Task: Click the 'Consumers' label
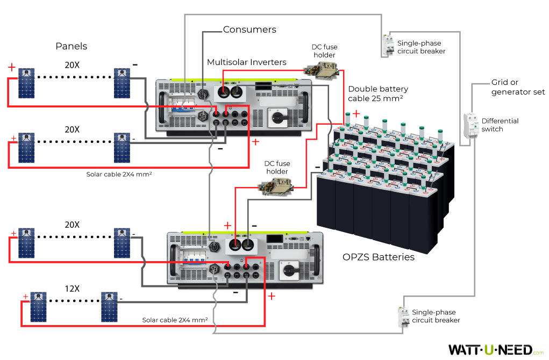249,30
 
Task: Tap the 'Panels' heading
71,46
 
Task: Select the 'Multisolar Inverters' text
247,62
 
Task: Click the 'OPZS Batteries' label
379,257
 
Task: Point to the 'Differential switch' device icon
470,127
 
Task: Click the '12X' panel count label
72,289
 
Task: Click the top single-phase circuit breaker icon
388,45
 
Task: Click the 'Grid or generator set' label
518,87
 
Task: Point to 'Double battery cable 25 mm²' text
378,93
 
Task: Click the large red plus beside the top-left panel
12,67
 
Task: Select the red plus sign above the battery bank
356,113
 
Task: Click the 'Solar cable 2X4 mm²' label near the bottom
175,320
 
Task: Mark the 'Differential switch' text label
500,125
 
